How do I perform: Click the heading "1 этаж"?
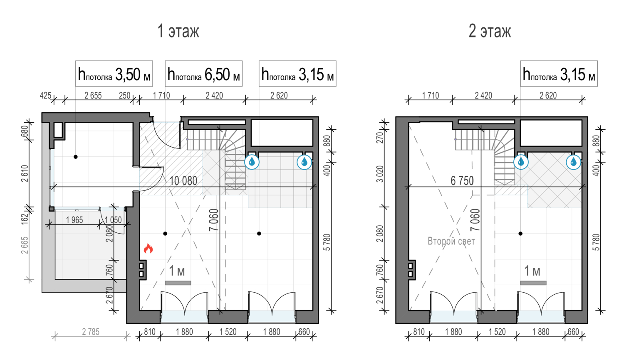(178, 31)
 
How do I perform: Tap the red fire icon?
(148, 248)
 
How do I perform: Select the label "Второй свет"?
(451, 241)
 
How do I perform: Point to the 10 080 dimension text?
(183, 181)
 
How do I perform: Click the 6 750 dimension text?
(462, 181)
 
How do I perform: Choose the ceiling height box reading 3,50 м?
(114, 74)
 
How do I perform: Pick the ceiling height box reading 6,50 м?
(204, 74)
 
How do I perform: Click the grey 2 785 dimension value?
(91, 332)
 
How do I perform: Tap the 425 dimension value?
(45, 96)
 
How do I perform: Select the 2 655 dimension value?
(93, 96)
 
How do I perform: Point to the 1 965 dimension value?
(74, 220)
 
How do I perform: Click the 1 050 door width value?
(113, 220)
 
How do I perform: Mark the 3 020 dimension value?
(380, 174)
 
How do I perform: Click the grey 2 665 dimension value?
(25, 245)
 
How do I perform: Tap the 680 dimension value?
(25, 131)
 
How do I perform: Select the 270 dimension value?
(380, 138)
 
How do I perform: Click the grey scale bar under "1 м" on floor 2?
(533, 283)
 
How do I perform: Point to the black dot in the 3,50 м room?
(75, 157)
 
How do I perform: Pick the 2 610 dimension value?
(25, 173)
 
